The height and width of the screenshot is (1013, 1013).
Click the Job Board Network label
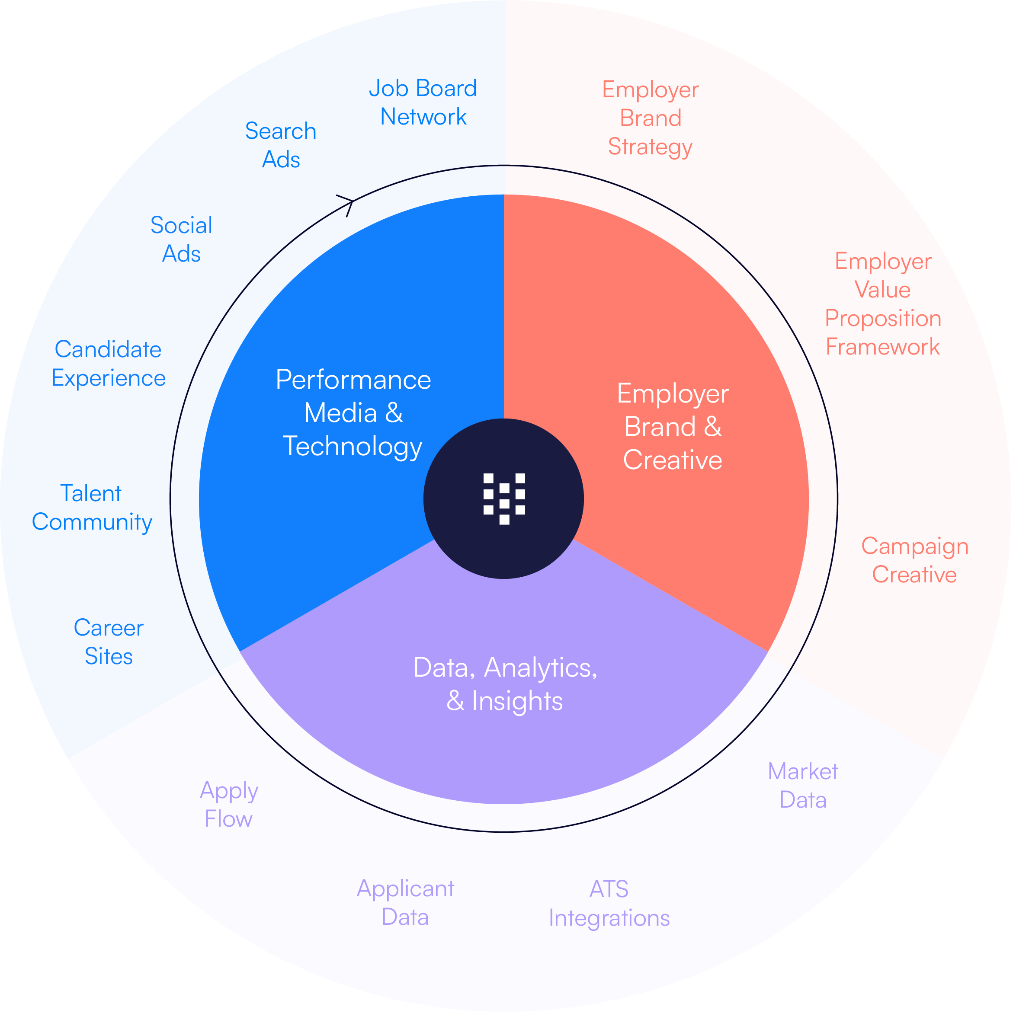point(423,102)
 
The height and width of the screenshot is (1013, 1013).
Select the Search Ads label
point(281,145)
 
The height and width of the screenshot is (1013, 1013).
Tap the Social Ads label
point(182,240)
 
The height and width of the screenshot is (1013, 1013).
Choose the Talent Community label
point(92,508)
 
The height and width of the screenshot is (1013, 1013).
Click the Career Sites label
point(109,642)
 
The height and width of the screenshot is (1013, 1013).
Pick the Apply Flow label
point(229,804)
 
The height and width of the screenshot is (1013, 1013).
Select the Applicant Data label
point(405,902)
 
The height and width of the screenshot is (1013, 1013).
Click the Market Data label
point(803,786)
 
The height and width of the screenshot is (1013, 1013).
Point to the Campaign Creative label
point(914,560)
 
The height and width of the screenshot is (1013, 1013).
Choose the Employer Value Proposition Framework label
point(883,304)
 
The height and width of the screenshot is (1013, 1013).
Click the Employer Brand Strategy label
point(651,118)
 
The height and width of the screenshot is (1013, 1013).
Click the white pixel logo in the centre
point(504,499)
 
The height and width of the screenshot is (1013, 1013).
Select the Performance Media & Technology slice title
point(353,413)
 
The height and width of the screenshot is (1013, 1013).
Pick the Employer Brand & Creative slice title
point(673,427)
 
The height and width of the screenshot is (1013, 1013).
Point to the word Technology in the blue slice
point(353,447)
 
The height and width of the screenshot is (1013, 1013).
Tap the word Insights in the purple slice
point(517,701)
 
